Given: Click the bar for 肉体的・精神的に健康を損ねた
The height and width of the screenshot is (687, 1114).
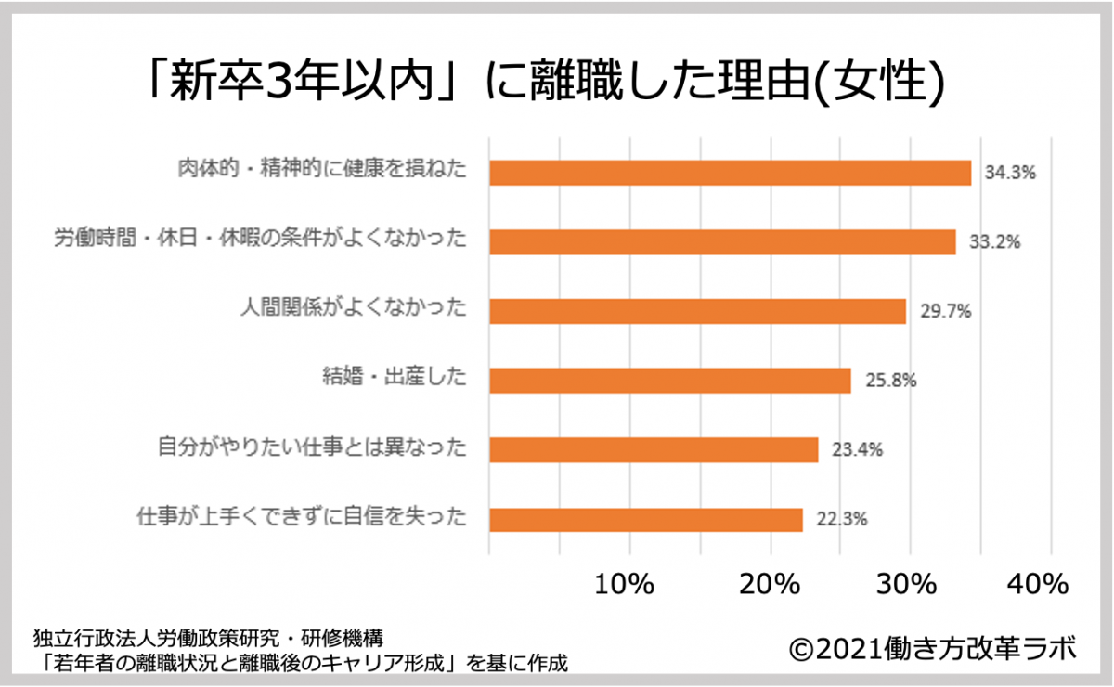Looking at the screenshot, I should (730, 173).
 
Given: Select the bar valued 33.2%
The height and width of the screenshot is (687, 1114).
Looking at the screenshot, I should (722, 242).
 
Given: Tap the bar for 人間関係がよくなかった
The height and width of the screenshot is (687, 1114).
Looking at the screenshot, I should (697, 311).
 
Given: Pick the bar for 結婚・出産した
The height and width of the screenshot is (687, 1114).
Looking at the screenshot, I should (669, 381).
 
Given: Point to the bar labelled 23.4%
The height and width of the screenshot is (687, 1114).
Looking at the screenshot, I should (654, 449).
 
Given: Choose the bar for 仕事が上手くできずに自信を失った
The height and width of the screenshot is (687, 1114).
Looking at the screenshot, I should (645, 519).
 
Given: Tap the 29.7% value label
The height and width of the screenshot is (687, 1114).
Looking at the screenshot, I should (945, 311).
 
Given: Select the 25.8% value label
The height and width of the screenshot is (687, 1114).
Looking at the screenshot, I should (890, 381).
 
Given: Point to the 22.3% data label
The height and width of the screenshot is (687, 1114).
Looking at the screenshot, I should (842, 519).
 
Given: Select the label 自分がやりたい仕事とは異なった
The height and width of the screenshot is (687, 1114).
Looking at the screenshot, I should (311, 449).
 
